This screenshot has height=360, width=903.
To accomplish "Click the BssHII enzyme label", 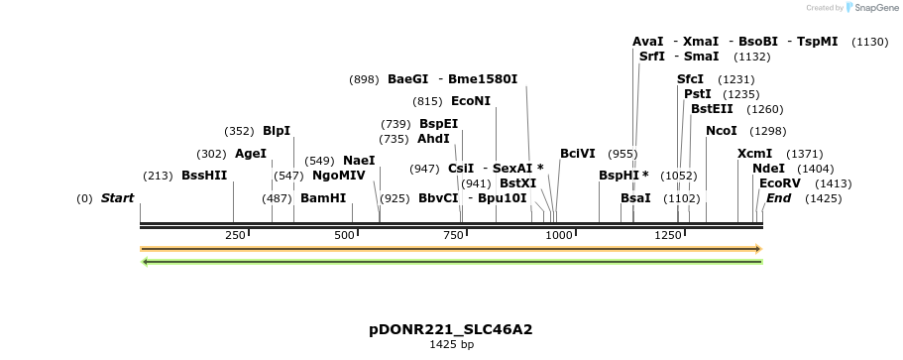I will point(204,176).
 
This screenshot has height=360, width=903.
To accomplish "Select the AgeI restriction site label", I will point(251,154).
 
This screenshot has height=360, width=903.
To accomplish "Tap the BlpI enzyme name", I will point(277,131).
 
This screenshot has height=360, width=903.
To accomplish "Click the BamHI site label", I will point(323,198).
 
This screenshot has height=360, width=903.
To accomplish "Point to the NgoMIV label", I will point(339,176).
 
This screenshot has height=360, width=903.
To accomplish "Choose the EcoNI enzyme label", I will point(471,101).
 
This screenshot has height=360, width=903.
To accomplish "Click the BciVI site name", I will point(578,154).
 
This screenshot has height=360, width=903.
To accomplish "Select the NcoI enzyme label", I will point(722,131).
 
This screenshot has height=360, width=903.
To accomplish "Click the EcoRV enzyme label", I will point(779,183).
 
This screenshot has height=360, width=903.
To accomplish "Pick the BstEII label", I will point(712,109).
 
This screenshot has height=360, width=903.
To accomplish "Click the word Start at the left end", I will point(117,198).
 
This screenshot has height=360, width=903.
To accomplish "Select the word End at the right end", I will point(778,198).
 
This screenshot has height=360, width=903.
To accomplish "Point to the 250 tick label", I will point(236,235).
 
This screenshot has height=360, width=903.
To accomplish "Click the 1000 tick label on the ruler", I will point(559,235).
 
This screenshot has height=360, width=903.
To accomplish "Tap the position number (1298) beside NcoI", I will point(767,131).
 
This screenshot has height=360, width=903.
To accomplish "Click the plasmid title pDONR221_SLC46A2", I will point(451,329).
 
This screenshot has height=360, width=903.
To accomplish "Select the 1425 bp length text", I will point(451,345).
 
